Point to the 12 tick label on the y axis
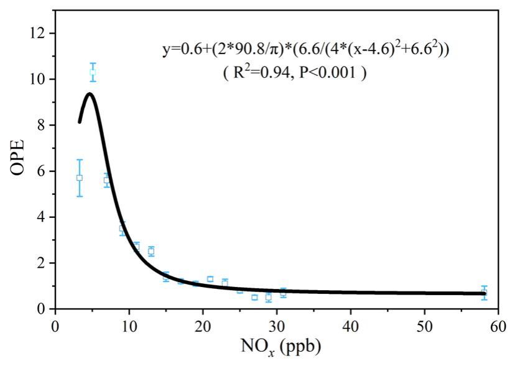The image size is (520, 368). (39, 33)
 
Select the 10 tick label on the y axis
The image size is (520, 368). (39, 79)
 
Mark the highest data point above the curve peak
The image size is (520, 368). (93, 72)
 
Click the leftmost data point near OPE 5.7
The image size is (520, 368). (79, 177)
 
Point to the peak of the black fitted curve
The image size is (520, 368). (90, 94)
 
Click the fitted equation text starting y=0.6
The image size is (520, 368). (305, 50)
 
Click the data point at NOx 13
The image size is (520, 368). (151, 251)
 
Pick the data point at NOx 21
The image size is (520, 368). (210, 279)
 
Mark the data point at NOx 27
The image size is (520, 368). (254, 297)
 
